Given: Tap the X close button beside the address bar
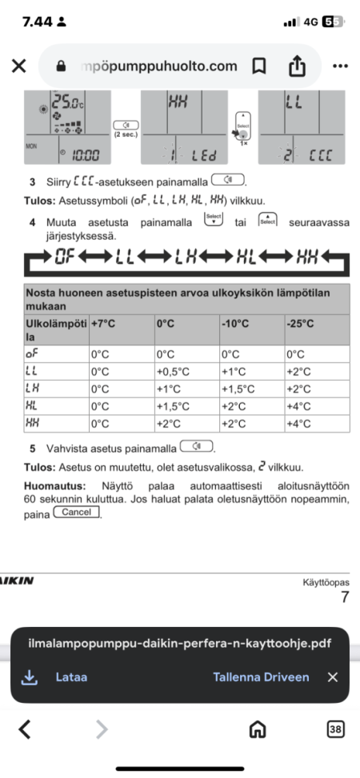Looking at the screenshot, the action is click(x=18, y=66).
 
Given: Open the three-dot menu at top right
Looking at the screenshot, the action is click(x=340, y=66).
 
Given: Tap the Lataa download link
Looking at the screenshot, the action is click(x=71, y=676).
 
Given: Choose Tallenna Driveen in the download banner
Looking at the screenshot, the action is click(x=261, y=676).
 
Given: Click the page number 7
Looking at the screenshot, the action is click(x=345, y=597).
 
